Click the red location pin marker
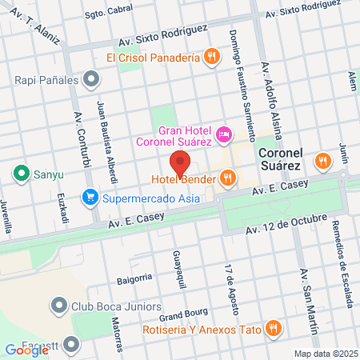tap(180, 162)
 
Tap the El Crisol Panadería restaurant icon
tap(211, 57)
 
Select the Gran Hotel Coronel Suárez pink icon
tap(225, 131)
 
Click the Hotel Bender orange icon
tap(228, 178)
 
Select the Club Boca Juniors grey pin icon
tap(58, 305)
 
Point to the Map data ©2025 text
tap(325, 354)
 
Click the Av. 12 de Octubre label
tap(286, 223)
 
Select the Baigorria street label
tap(133, 278)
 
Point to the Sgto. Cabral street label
tap(107, 14)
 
